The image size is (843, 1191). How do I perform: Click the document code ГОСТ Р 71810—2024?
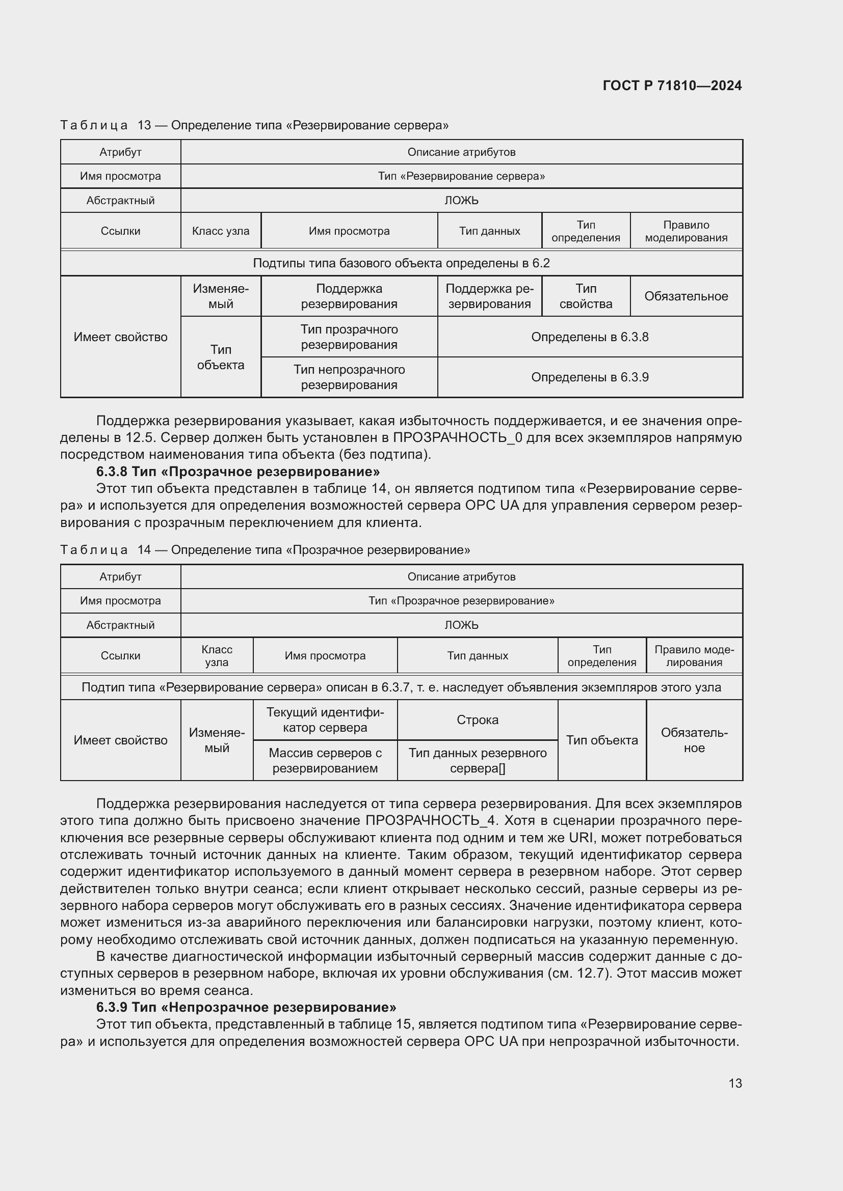pyautogui.click(x=672, y=86)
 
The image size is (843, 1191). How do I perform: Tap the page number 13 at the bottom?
pyautogui.click(x=734, y=1083)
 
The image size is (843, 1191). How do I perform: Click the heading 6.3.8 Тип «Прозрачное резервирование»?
pyautogui.click(x=238, y=472)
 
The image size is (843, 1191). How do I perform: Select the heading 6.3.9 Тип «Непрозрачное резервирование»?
pyautogui.click(x=246, y=1007)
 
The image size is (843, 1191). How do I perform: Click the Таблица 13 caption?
pyautogui.click(x=254, y=125)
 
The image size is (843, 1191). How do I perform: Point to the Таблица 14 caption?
pyautogui.click(x=265, y=550)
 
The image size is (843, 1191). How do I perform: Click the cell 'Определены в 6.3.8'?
pyautogui.click(x=590, y=337)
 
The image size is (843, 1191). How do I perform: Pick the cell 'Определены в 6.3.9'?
pyautogui.click(x=590, y=377)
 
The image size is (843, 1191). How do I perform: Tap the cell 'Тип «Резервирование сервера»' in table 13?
pyautogui.click(x=461, y=176)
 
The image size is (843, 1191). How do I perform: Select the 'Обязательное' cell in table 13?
pyautogui.click(x=686, y=296)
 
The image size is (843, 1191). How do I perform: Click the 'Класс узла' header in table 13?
pyautogui.click(x=221, y=231)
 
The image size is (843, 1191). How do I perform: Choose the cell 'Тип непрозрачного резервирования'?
pyautogui.click(x=349, y=377)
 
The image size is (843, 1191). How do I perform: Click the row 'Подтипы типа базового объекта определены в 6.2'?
pyautogui.click(x=401, y=263)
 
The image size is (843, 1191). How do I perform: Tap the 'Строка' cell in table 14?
pyautogui.click(x=477, y=719)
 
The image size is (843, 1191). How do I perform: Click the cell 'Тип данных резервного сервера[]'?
pyautogui.click(x=477, y=760)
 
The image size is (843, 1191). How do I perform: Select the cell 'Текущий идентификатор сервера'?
pyautogui.click(x=325, y=719)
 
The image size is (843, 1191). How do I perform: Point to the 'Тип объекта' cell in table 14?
pyautogui.click(x=601, y=740)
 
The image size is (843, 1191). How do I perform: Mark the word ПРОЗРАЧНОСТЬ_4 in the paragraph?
pyautogui.click(x=430, y=820)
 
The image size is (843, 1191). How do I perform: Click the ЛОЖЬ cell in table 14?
pyautogui.click(x=461, y=625)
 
